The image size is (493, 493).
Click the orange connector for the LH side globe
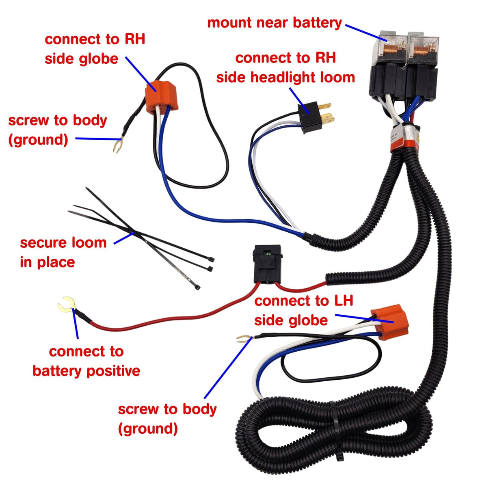(389, 322)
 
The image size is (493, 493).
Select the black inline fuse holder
(267, 264)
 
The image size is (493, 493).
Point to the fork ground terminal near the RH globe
(117, 145)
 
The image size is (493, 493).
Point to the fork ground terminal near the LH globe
(242, 338)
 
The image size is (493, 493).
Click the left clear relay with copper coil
(389, 48)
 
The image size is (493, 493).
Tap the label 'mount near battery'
(275, 23)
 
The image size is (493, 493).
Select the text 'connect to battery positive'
(86, 361)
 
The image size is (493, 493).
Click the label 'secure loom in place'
(63, 252)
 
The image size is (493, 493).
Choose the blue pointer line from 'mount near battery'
(365, 32)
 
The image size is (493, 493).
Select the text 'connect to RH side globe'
(95, 49)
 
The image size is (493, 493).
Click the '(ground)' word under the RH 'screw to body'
(38, 140)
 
